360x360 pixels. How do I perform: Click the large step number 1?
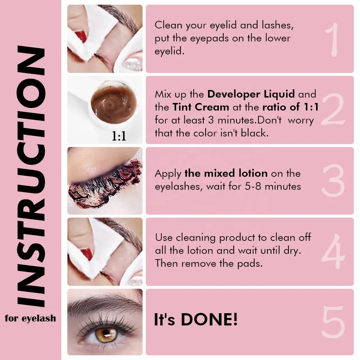coord(334,40)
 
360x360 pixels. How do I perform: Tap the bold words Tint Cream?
coord(201,107)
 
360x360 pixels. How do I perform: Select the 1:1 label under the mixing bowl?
coord(119,136)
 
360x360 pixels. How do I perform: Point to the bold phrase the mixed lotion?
coord(226,173)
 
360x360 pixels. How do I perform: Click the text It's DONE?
coord(196,320)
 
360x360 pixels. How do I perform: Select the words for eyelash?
coord(31,318)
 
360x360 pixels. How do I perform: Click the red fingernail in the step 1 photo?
coord(82,36)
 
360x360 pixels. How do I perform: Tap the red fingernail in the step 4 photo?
coord(82,252)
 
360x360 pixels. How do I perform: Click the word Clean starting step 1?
coord(169,25)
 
